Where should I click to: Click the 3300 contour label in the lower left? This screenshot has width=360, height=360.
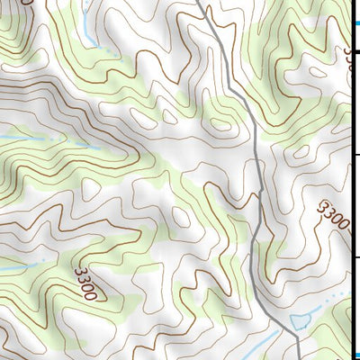coord(89,281)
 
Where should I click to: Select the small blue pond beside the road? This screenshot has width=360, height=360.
coord(302,318)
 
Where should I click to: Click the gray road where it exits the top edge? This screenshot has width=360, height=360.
coord(199,3)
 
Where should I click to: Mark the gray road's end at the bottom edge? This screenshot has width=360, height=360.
coord(298,356)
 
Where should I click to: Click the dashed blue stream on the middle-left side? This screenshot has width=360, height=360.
coord(45,139)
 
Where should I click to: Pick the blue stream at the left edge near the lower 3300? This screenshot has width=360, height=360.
coord(13,268)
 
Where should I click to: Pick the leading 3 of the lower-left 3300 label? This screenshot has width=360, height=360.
coord(80,269)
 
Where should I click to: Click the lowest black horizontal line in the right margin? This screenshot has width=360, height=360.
coord(355,257)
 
